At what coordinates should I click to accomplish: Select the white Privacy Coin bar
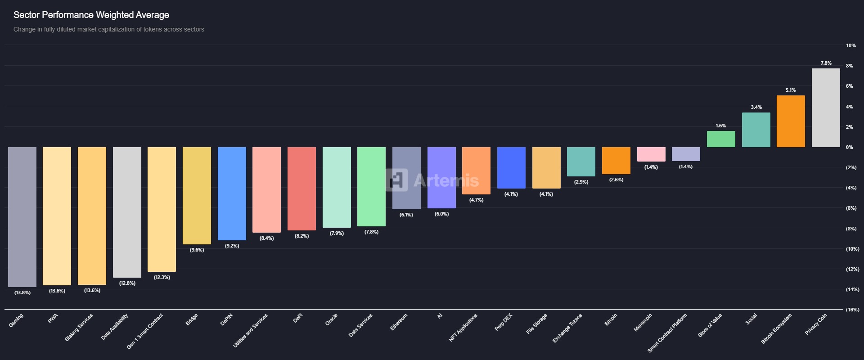pos(826,108)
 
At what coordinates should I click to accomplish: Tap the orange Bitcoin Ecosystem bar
pos(791,121)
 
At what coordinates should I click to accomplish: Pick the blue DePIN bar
pos(232,193)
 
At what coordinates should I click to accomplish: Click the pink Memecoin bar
pos(651,154)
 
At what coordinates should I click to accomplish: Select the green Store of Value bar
pos(721,139)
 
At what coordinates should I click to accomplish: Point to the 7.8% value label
pos(826,63)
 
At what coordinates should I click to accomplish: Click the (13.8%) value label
pos(22,292)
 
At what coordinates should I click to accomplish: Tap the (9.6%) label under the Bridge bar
pos(197,250)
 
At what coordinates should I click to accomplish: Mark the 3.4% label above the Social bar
pos(756,108)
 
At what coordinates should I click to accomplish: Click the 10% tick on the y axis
pos(850,45)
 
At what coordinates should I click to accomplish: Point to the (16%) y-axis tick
pos(852,310)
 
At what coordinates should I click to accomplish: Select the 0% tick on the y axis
pos(849,147)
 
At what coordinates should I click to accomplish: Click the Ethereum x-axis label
pos(399,322)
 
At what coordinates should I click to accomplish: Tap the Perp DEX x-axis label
pos(504,322)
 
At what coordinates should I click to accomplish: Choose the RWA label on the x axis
pos(53,319)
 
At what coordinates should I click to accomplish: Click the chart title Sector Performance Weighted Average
pos(91,15)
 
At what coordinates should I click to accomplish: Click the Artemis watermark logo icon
pos(397,180)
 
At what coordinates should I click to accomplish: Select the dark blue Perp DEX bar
pos(511,168)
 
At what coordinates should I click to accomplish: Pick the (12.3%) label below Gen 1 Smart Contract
pos(162,277)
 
